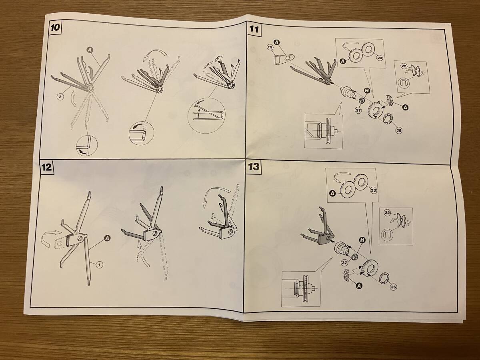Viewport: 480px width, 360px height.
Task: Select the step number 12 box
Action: [46, 168]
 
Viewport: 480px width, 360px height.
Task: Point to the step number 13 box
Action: [254, 167]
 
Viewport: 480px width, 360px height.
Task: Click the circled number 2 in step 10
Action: [60, 96]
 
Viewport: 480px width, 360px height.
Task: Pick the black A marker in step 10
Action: [90, 50]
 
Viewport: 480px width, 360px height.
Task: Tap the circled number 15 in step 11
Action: [270, 47]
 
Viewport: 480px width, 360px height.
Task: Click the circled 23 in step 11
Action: [380, 58]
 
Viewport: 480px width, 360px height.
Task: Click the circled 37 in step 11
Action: [358, 110]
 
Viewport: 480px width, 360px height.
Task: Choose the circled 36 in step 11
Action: [399, 131]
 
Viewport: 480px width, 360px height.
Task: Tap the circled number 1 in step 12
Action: [99, 265]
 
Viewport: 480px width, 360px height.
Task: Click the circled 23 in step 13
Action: [373, 191]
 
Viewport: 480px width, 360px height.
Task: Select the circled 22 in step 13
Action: [387, 213]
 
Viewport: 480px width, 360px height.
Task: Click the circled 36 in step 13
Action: [393, 287]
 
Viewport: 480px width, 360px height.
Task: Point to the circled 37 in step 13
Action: [344, 262]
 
